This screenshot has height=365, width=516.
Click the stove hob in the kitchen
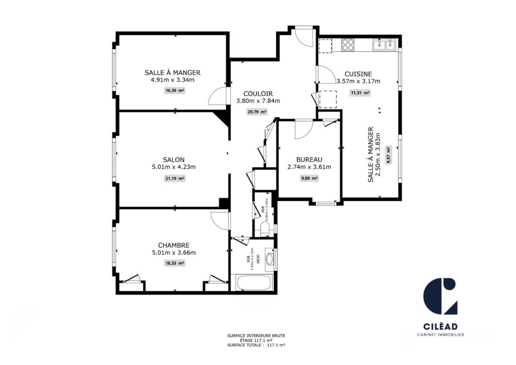point(348,44)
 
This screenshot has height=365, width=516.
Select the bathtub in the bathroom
point(254,282)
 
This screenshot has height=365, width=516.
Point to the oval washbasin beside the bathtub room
point(270,260)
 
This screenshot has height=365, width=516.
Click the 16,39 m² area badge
point(175,91)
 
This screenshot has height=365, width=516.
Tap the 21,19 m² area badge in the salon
point(175,178)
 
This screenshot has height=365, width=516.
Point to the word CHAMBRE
point(173,245)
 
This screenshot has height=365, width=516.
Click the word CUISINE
point(358,73)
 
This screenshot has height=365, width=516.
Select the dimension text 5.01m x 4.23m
point(173,167)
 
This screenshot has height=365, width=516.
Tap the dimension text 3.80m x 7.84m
point(258,101)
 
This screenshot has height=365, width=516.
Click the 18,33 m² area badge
point(175,263)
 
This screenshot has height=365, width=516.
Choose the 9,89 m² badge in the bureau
point(309,178)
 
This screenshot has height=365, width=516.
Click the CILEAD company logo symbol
point(440,296)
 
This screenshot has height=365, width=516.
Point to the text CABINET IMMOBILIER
point(440,335)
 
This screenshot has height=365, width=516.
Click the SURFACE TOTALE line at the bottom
point(256,345)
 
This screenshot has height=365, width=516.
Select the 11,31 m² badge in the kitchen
point(360,93)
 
